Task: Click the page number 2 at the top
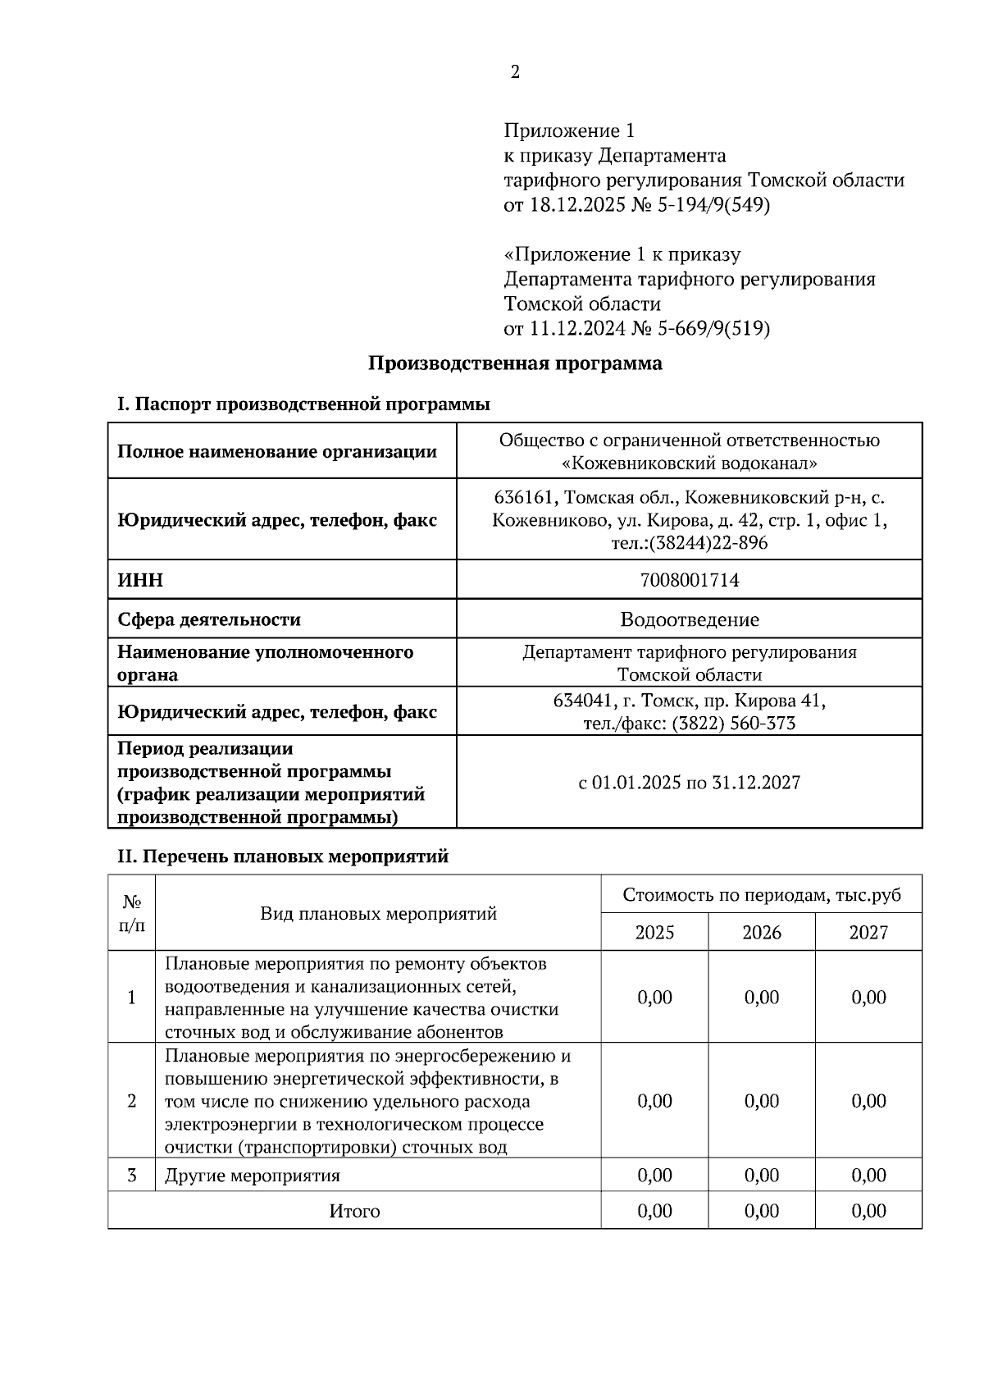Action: click(515, 72)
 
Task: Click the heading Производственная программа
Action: click(515, 363)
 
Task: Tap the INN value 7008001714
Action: click(689, 581)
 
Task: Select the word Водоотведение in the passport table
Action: click(689, 619)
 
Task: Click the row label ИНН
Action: click(140, 581)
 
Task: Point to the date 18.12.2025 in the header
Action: click(576, 205)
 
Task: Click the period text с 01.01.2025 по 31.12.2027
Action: click(689, 783)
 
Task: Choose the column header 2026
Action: click(761, 933)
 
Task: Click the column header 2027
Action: click(868, 933)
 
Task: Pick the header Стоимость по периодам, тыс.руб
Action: click(761, 895)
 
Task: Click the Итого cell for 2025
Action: click(654, 1211)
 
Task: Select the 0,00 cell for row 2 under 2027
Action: click(868, 1101)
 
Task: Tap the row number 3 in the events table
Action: click(132, 1176)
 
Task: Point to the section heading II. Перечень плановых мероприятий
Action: click(283, 856)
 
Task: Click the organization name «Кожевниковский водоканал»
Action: click(689, 464)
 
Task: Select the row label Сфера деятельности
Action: click(209, 619)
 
